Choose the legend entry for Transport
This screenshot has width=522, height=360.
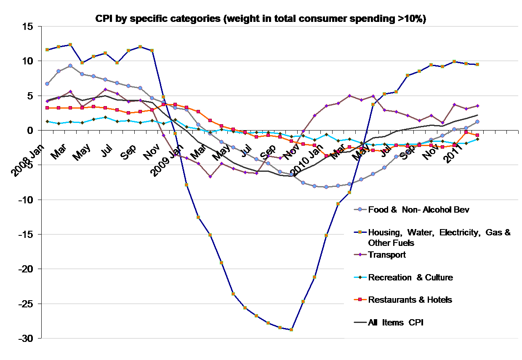click(387, 255)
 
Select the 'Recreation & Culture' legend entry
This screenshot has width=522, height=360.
click(410, 277)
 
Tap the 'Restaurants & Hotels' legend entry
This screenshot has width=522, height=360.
click(410, 300)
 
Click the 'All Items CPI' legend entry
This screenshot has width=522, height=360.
click(395, 323)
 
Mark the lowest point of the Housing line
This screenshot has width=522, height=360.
click(291, 330)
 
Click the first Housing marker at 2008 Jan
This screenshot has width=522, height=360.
click(47, 50)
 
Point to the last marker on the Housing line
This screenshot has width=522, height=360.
click(477, 64)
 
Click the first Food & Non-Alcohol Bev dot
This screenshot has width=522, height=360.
click(47, 84)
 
